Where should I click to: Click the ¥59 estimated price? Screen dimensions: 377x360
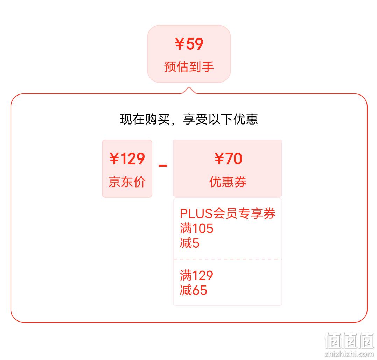[x=189, y=44]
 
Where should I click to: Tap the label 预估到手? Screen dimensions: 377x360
[x=189, y=66]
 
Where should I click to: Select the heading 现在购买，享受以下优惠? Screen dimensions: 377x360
[x=189, y=119]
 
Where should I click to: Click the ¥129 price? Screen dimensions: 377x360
[x=127, y=158]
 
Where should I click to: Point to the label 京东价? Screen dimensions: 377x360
[x=127, y=182]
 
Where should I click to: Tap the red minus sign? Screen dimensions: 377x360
[x=163, y=165]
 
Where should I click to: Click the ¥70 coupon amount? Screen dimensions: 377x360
[x=228, y=158]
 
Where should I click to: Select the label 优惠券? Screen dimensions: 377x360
[x=228, y=182]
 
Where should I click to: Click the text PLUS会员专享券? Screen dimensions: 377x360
[x=228, y=213]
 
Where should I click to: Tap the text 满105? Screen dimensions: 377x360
[x=197, y=228]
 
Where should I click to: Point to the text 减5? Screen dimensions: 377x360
[x=190, y=243]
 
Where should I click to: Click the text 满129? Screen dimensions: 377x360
[x=197, y=275]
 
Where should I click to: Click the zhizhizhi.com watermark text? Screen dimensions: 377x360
[x=349, y=353]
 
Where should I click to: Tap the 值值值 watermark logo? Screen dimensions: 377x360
[x=349, y=340]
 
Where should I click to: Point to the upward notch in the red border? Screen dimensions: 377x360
[x=189, y=88]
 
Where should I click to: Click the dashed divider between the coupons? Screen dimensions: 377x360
[x=228, y=259]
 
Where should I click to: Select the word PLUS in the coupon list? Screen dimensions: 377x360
[x=196, y=213]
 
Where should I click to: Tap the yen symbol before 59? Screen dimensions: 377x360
[x=180, y=44]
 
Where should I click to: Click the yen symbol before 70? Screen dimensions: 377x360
[x=219, y=158]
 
